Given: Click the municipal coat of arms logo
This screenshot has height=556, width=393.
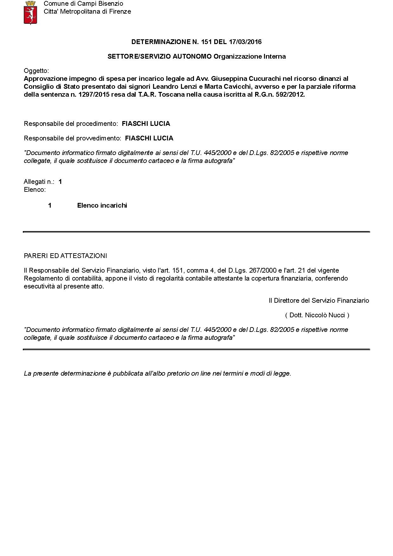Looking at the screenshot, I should (30, 12).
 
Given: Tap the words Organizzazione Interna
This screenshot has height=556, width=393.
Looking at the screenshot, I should (249, 56).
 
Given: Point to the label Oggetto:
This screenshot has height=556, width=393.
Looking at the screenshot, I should (36, 71).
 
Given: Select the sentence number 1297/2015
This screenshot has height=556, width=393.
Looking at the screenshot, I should (93, 94).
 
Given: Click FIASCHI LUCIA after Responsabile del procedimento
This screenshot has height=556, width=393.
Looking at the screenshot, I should (146, 124).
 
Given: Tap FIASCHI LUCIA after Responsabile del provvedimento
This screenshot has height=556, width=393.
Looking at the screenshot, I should (149, 138).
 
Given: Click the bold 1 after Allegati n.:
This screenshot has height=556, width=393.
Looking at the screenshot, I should (60, 182).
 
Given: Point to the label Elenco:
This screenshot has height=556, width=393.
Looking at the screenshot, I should (35, 190).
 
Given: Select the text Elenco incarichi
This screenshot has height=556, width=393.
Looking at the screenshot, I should (102, 205).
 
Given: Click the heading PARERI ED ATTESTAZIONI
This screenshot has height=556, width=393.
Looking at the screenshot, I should (65, 256).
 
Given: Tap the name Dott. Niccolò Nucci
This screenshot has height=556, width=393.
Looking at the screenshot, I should (317, 315).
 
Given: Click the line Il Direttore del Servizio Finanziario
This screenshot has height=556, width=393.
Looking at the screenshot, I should (319, 301).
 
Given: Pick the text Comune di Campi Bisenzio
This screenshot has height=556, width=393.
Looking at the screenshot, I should (83, 4).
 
